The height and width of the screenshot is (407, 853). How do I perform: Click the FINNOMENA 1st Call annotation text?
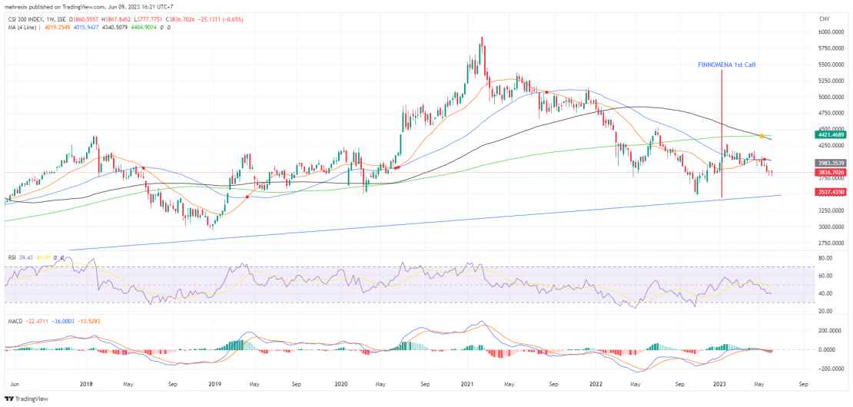click(726, 65)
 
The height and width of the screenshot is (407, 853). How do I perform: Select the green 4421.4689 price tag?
click(831, 134)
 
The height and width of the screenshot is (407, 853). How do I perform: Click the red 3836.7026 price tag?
click(831, 174)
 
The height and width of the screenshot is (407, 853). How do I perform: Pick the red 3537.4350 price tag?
click(831, 191)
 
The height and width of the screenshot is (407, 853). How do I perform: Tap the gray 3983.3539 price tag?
click(831, 163)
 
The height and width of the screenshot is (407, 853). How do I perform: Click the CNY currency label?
click(825, 18)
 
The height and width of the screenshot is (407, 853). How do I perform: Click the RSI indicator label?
click(12, 257)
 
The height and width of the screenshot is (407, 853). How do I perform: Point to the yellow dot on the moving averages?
click(761, 136)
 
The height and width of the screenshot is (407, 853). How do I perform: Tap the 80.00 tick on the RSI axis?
click(826, 259)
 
